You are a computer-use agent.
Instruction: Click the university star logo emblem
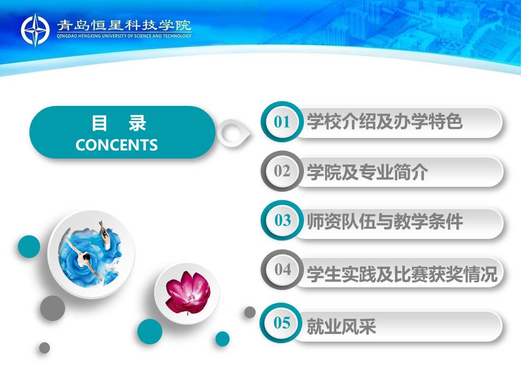click(35, 30)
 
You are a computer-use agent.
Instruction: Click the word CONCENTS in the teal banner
click(116, 146)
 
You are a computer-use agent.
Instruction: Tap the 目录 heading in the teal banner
click(119, 123)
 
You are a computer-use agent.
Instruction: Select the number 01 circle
click(282, 122)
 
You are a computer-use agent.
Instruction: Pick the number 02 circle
click(282, 171)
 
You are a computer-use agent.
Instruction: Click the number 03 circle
click(282, 220)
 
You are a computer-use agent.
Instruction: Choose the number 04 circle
click(282, 269)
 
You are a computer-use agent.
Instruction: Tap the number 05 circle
click(282, 323)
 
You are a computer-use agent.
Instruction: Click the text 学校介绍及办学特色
click(384, 121)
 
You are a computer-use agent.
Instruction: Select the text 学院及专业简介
click(367, 172)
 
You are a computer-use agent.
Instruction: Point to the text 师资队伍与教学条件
click(384, 222)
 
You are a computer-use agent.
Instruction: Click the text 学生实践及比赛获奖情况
click(402, 274)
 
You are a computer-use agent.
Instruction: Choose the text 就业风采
click(341, 326)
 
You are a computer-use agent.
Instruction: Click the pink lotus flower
click(188, 293)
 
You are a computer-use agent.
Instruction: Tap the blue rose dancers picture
click(91, 254)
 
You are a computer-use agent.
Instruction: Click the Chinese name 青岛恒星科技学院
click(124, 26)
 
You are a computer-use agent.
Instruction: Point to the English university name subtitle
click(124, 36)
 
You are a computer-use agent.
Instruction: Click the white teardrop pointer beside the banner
click(233, 133)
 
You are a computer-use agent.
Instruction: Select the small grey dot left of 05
click(250, 312)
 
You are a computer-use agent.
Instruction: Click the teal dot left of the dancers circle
click(29, 247)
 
